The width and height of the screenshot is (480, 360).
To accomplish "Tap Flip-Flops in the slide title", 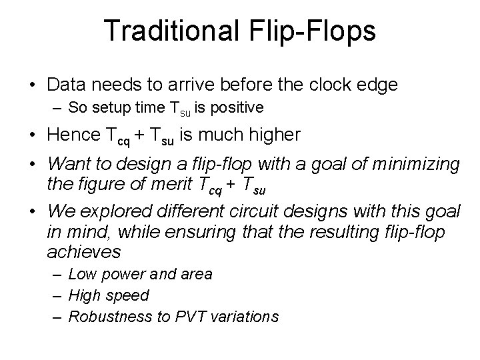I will [310, 31].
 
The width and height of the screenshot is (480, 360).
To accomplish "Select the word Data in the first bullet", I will [67, 85].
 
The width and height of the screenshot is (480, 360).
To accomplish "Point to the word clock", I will [327, 85].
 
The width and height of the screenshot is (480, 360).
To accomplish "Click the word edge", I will [377, 85].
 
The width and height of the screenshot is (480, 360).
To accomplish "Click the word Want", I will [67, 165].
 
